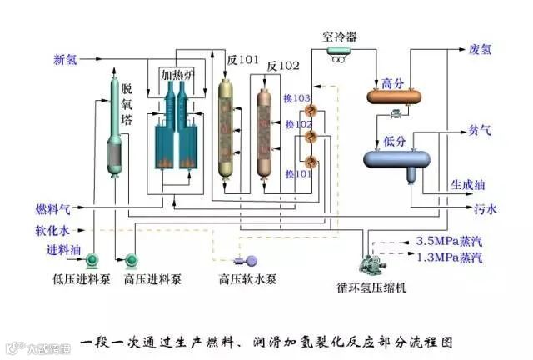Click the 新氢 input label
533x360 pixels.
coord(66,59)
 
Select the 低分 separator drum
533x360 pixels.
coord(396,157)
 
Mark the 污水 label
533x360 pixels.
coord(486,208)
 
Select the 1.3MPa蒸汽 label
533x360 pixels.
coord(449,257)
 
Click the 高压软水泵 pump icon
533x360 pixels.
coord(248,260)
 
